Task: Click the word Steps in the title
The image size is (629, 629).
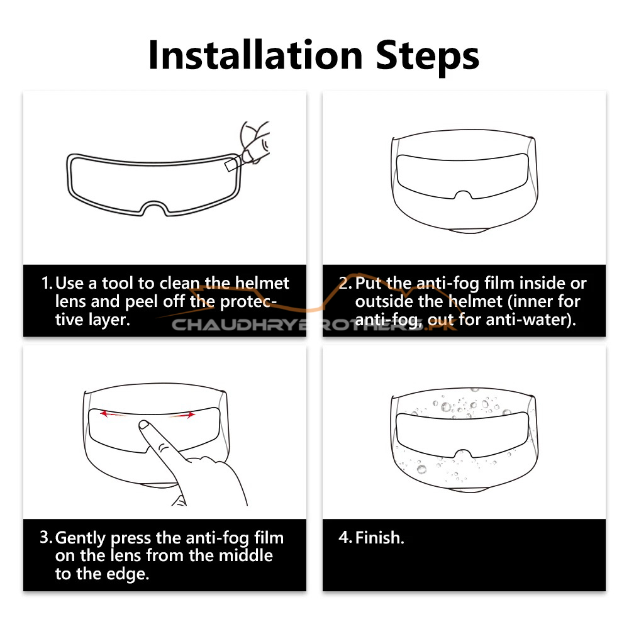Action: (428, 57)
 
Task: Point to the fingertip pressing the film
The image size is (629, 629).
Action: (143, 425)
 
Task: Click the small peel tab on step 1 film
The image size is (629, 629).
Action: (232, 164)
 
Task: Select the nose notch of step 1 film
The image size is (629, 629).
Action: (155, 208)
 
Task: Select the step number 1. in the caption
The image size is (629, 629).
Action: (47, 283)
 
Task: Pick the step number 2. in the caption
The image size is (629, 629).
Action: (345, 283)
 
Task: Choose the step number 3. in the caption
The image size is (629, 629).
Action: (46, 538)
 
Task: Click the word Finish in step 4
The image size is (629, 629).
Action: (377, 538)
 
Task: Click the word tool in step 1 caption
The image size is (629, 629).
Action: (117, 283)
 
